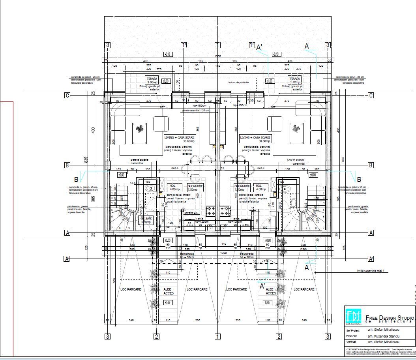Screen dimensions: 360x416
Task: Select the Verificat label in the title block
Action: (x=351, y=342)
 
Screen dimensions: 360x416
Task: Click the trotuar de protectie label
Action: (x=238, y=83)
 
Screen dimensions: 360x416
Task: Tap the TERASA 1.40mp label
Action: (x=295, y=81)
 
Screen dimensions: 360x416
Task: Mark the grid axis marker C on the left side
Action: (x=67, y=95)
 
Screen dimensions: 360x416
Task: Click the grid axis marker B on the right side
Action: (x=371, y=165)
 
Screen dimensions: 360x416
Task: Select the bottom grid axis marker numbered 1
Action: (x=217, y=336)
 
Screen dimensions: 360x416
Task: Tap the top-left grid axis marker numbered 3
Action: (x=107, y=45)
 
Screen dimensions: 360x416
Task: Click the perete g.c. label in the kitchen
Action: (x=192, y=212)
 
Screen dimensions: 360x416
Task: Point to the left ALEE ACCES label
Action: (x=169, y=291)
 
